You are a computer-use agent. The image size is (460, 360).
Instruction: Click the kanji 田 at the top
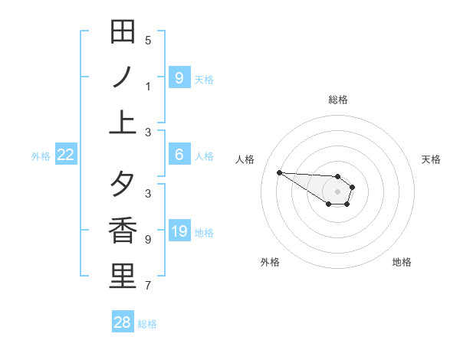[123, 32]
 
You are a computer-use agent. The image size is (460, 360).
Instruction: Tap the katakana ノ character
[123, 77]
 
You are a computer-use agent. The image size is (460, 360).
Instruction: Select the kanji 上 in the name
[123, 123]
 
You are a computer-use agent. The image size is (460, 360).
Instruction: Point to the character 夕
[123, 185]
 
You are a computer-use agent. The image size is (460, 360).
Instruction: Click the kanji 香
[123, 231]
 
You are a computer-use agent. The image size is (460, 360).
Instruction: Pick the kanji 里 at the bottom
[123, 277]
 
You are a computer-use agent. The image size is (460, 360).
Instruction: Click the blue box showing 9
[179, 77]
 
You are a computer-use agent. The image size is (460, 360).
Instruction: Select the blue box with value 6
[179, 155]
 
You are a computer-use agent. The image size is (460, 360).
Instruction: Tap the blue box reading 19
[179, 231]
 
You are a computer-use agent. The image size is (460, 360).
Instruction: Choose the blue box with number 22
[66, 155]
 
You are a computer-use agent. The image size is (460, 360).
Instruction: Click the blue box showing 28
[123, 322]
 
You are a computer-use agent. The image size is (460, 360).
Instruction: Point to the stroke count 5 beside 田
[148, 41]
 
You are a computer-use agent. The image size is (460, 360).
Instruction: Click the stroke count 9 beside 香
[148, 240]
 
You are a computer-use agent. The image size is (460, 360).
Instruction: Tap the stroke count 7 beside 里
[148, 286]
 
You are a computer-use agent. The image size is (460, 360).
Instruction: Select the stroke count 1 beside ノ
[148, 87]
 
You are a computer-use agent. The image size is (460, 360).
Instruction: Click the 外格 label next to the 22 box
[41, 156]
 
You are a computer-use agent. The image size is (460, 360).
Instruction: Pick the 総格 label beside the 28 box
[147, 324]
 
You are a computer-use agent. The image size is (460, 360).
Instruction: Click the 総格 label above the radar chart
[337, 100]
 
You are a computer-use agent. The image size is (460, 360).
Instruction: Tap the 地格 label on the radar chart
[402, 262]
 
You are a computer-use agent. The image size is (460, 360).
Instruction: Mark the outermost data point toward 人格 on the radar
[279, 172]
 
